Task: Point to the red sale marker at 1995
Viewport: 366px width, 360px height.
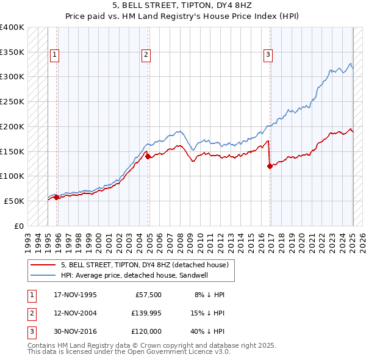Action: pos(56,197)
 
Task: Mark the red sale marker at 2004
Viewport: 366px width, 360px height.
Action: pos(148,156)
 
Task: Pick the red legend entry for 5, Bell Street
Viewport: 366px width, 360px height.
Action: pos(145,265)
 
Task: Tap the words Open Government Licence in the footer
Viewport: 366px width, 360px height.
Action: pos(176,351)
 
